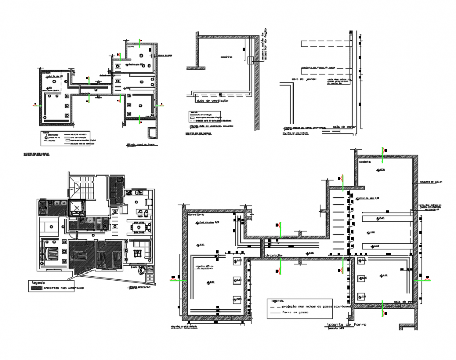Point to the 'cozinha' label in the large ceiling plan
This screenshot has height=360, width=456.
click(365, 162)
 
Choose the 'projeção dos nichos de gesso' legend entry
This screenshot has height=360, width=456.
click(309, 306)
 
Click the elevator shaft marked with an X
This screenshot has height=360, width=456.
click(78, 209)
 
